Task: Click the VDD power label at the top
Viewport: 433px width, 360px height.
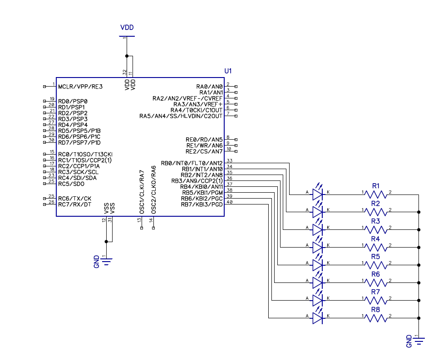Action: (127, 28)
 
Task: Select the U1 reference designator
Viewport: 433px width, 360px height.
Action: (228, 71)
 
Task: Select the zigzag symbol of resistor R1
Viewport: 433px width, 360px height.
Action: (375, 195)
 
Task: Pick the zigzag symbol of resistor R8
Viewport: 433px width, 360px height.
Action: (375, 318)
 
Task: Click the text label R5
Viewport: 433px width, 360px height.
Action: (375, 257)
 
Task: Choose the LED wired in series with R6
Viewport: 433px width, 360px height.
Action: (318, 283)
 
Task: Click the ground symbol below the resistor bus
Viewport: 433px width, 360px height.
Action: (419, 340)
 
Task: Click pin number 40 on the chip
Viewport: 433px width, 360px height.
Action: (229, 202)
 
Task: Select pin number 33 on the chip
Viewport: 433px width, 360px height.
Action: (229, 161)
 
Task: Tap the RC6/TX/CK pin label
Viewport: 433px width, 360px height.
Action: (74, 199)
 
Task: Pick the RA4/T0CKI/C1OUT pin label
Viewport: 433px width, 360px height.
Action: (196, 110)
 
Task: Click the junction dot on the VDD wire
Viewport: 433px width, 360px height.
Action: (127, 56)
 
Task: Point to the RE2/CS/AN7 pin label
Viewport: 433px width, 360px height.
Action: (204, 151)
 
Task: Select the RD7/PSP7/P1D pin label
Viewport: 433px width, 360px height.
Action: (79, 142)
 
